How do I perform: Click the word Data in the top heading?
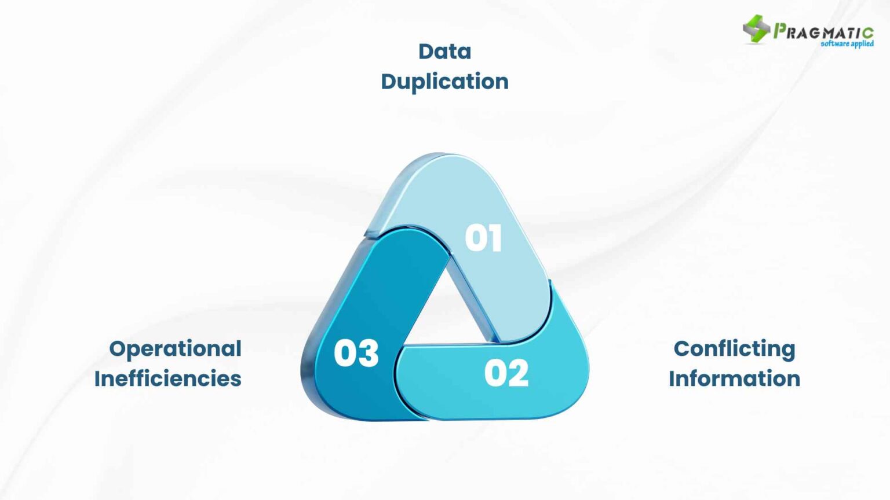coord(444,52)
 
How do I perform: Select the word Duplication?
coord(444,82)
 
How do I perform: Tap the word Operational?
coord(175,349)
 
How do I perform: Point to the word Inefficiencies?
coord(167,378)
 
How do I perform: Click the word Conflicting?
coord(734,349)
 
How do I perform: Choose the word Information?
coord(734,378)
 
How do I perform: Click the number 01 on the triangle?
coord(483,238)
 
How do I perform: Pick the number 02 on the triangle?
coord(506,373)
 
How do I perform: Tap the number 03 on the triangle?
coord(356,353)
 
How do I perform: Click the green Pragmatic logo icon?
coord(756,28)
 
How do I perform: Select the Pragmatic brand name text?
coord(823,31)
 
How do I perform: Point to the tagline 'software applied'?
coord(847,43)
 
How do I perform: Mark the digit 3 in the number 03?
coord(368,353)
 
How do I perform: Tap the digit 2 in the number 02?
coord(518,373)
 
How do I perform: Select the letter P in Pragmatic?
coord(780,30)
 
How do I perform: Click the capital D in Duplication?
coord(389,82)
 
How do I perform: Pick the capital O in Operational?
coord(118,349)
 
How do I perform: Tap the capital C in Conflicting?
coord(682,349)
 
